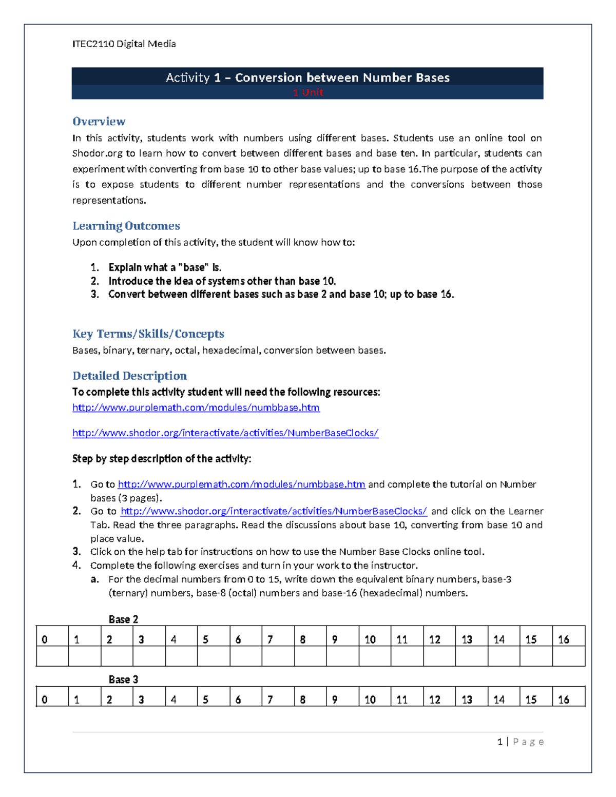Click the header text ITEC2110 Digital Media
tap(124, 44)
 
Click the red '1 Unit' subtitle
tap(307, 92)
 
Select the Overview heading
tap(99, 122)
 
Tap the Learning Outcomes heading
tap(126, 226)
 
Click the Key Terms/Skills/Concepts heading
tap(148, 334)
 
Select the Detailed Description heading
tap(129, 376)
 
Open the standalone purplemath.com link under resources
tap(196, 407)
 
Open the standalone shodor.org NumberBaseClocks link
tap(225, 433)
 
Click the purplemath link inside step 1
tap(241, 484)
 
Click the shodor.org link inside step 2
tap(274, 511)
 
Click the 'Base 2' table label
tap(123, 619)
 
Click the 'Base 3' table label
tap(123, 679)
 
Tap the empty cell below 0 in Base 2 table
tap(52, 656)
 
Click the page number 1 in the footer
tap(499, 742)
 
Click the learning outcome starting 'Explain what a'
tap(165, 267)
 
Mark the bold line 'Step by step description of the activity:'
tap(162, 459)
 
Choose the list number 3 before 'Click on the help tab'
tap(76, 552)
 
